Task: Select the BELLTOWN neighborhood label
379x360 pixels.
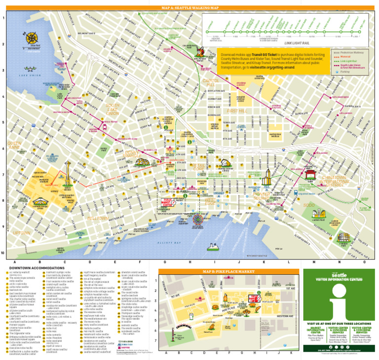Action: point(97,217)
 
